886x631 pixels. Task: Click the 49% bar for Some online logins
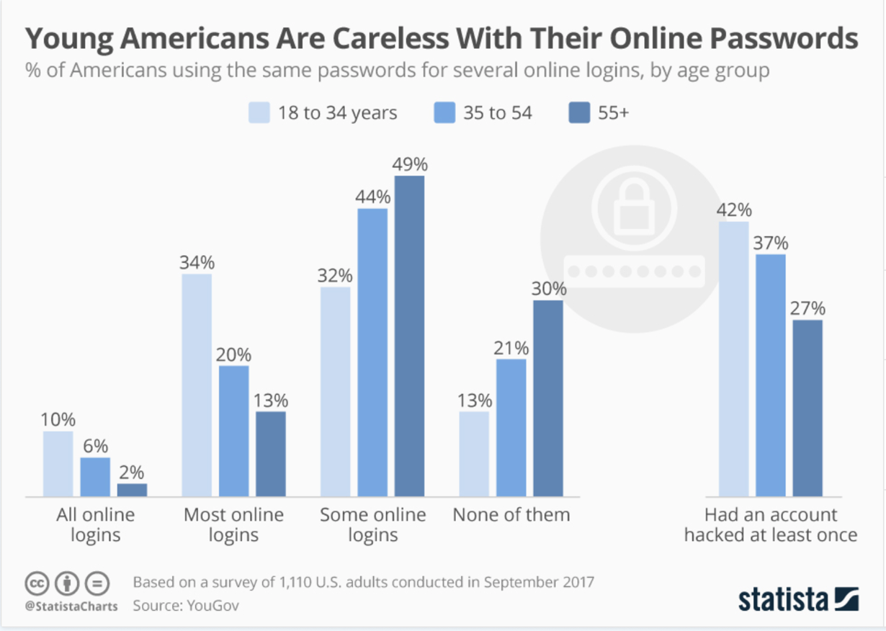(409, 336)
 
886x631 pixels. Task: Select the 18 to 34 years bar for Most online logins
(197, 385)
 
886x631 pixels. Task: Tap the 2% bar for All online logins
(132, 490)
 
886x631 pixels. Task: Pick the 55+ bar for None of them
(548, 398)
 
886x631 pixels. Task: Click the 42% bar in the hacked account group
(734, 359)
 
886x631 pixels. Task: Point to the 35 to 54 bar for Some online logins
(372, 352)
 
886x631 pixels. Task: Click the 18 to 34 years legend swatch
(259, 113)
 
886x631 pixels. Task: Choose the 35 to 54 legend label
(498, 113)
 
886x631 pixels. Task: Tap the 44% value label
(372, 196)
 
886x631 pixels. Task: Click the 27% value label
(807, 308)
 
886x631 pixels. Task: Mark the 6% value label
(95, 446)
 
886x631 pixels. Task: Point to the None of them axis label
(511, 515)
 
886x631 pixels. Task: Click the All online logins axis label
(95, 525)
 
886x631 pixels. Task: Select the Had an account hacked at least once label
(771, 525)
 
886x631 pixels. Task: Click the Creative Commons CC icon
(37, 582)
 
